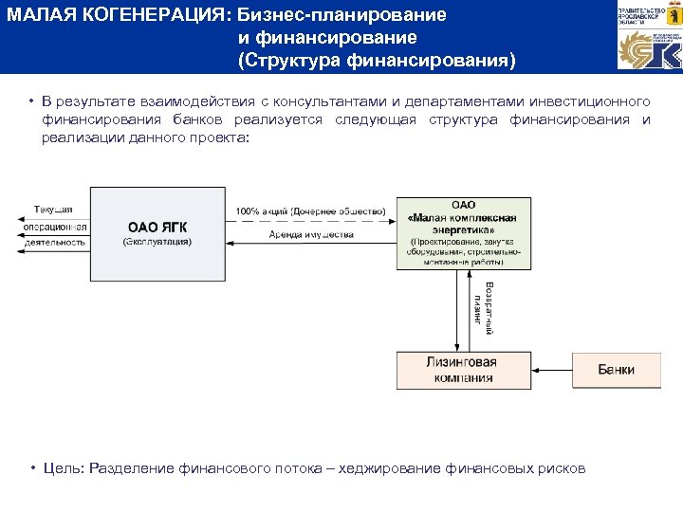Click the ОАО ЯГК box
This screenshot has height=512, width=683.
pyautogui.click(x=159, y=229)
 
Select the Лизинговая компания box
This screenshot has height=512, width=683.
pyautogui.click(x=464, y=370)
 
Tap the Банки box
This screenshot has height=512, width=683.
pyautogui.click(x=616, y=370)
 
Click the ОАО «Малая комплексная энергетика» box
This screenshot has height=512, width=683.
pyautogui.click(x=463, y=232)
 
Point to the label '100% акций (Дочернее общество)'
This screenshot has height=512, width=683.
pyautogui.click(x=310, y=210)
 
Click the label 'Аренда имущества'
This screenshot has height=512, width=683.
pyautogui.click(x=310, y=234)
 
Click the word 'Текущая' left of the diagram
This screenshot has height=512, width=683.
pyautogui.click(x=53, y=210)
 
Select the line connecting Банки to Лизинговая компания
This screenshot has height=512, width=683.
pyautogui.click(x=551, y=369)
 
